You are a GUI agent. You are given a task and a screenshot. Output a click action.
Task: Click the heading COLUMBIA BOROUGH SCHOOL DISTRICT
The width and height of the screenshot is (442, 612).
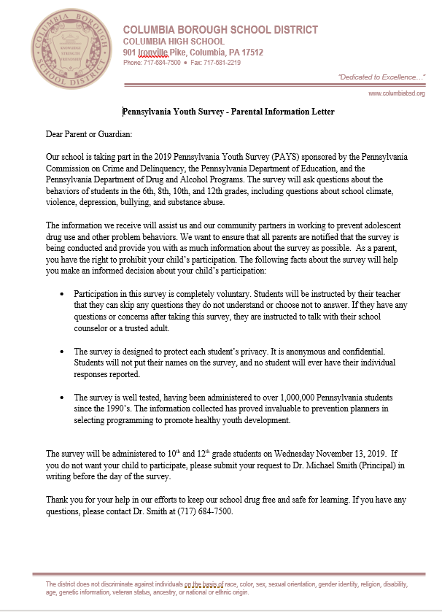click(x=220, y=30)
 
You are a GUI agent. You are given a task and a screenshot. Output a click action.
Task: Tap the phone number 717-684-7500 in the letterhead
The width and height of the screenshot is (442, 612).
click(x=162, y=63)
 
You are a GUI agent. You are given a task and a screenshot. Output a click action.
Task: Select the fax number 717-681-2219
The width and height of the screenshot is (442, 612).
click(x=220, y=63)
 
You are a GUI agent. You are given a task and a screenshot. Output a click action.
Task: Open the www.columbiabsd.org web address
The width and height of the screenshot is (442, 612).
click(x=396, y=93)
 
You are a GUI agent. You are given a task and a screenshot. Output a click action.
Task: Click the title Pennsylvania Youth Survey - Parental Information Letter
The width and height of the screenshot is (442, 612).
click(x=228, y=112)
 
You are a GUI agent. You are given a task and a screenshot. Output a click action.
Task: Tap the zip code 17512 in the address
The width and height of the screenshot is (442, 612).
click(x=249, y=53)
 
